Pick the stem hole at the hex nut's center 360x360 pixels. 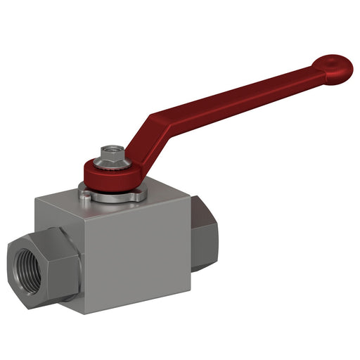112,149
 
